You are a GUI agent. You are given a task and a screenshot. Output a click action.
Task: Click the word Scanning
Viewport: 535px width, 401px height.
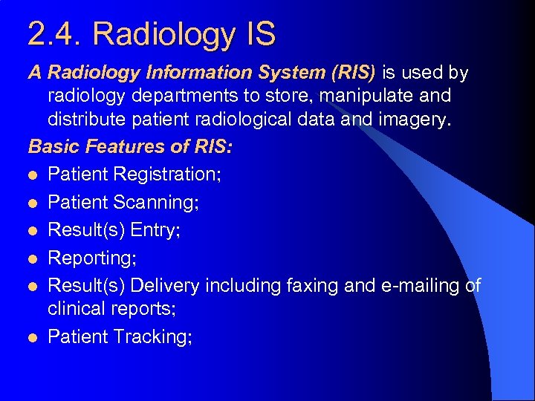[158, 203]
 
